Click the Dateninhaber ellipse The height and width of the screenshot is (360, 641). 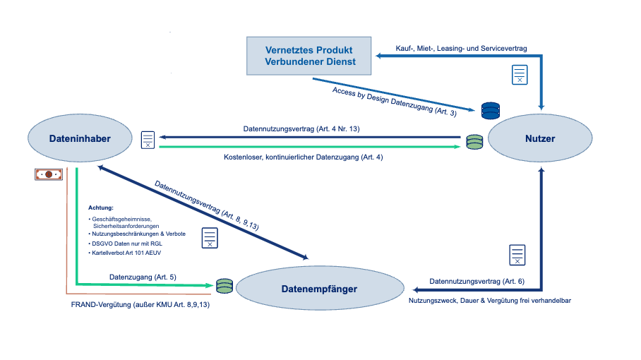pos(80,138)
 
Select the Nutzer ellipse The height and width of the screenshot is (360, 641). pos(540,138)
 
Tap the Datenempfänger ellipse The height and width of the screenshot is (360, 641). pos(319,289)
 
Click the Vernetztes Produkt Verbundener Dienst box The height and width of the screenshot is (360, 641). pos(308,56)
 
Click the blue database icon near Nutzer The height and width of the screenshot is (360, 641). pos(490,111)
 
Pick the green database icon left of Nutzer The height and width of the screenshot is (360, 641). pos(474,142)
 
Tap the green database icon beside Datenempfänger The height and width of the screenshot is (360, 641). pos(224,286)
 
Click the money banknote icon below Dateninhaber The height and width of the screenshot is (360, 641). pos(48,174)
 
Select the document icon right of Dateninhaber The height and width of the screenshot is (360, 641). pos(148,140)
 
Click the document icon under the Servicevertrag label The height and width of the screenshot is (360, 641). pos(520,74)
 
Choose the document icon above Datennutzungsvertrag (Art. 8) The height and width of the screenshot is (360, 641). pos(517,255)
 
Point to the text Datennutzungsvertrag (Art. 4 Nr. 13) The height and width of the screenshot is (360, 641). pos(301,128)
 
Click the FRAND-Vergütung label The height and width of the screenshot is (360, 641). pos(140,304)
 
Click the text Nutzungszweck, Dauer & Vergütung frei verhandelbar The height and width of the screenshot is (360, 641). pos(489,300)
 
